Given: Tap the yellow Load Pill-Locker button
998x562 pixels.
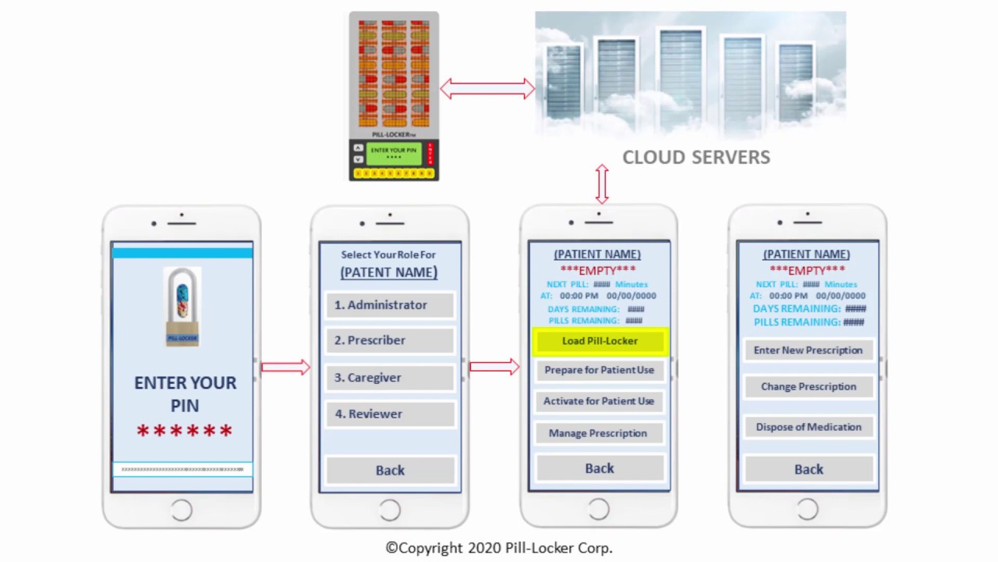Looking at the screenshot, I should pos(599,341).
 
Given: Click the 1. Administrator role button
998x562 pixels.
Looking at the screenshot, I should pos(389,305).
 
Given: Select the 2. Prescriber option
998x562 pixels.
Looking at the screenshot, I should pos(389,340).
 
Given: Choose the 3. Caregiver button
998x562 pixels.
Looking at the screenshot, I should pos(389,378).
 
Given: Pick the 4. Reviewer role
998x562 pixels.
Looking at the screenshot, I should pos(389,414).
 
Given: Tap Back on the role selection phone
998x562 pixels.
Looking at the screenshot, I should pos(390,470).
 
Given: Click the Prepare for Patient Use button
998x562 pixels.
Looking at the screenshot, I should pos(599,370).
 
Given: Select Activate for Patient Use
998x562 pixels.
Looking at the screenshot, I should pos(599,401).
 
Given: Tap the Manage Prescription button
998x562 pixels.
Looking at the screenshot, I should pos(599,433).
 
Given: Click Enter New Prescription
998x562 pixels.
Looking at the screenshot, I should pos(808,350).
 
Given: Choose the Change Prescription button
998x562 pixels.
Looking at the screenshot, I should pos(808,387).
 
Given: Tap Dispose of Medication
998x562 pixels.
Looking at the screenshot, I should pos(808,427).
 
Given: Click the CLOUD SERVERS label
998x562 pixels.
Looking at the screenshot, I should pos(695,158).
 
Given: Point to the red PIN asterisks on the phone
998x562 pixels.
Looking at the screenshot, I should pos(185,431).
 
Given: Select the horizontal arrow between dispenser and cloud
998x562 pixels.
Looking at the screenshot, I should pos(487,89).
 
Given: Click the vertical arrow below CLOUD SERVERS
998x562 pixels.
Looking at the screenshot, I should pos(601,184).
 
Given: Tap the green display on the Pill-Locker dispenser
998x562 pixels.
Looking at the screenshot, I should pos(394,153).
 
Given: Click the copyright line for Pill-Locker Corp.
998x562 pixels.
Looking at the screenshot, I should pos(499,548).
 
